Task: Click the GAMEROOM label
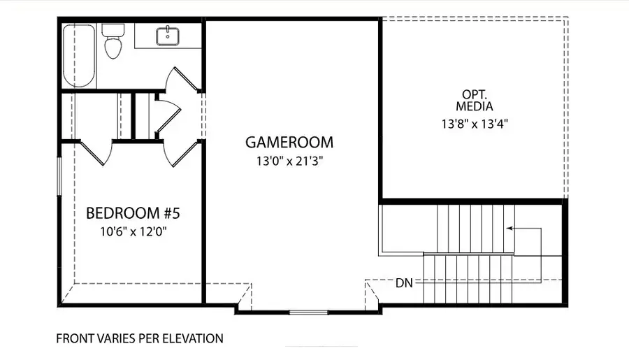(x=289, y=143)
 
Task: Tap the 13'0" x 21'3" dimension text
(x=289, y=161)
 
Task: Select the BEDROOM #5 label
(x=133, y=213)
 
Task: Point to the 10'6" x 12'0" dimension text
(x=133, y=231)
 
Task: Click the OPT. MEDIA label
(x=475, y=101)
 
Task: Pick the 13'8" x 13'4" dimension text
(x=475, y=124)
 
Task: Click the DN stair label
(x=404, y=283)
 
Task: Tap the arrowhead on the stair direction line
(x=509, y=229)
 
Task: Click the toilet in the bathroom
(x=113, y=41)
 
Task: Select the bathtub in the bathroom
(x=80, y=55)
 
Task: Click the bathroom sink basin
(x=167, y=36)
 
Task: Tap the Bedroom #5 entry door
(x=181, y=153)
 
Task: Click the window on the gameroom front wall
(x=308, y=312)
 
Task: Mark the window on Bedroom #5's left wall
(x=59, y=176)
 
